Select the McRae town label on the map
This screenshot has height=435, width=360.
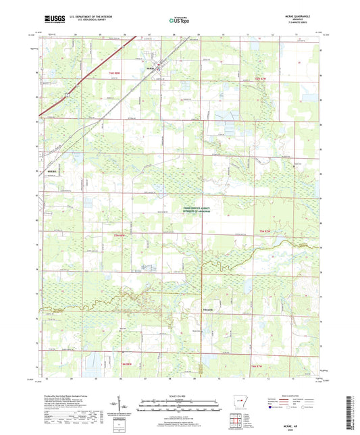pyautogui.click(x=150, y=68)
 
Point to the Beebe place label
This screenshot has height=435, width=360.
pyautogui.click(x=51, y=172)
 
